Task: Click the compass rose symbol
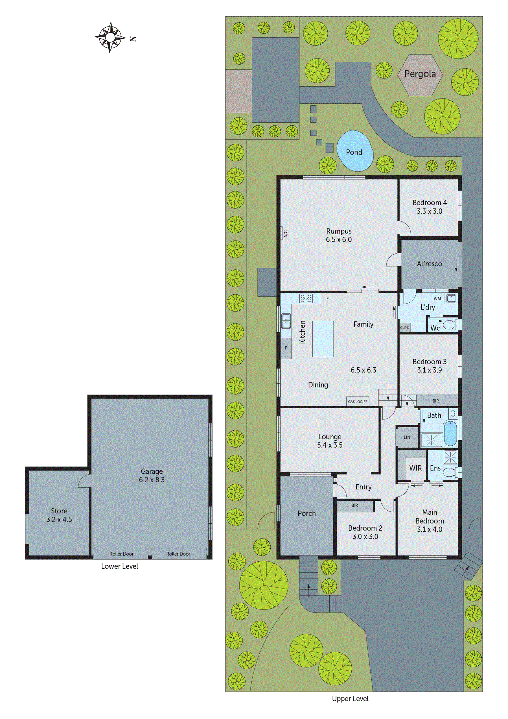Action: click(x=110, y=37)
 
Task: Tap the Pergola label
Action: click(x=420, y=74)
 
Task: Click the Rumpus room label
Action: click(x=339, y=231)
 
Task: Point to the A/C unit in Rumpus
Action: click(x=285, y=234)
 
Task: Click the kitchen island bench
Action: click(x=323, y=339)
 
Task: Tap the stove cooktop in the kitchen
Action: click(x=306, y=298)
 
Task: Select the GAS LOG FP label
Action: click(x=358, y=402)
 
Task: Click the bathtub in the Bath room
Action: click(x=450, y=433)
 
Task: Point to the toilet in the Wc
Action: click(x=450, y=325)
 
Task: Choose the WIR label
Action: click(x=415, y=468)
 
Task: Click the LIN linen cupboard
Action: click(x=407, y=437)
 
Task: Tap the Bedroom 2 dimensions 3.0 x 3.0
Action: click(x=365, y=537)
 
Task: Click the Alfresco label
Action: click(x=430, y=264)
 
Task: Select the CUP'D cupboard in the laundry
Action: click(x=405, y=328)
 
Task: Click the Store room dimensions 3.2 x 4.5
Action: click(x=59, y=519)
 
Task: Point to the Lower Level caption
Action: click(x=120, y=566)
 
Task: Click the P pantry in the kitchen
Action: click(x=286, y=348)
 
